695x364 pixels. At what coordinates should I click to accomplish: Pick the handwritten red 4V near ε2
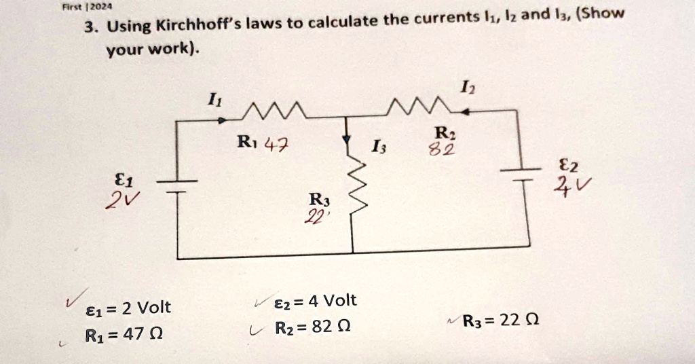coord(562,184)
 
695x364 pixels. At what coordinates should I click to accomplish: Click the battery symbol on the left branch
coord(177,187)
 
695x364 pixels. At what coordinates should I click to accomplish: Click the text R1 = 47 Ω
coord(123,335)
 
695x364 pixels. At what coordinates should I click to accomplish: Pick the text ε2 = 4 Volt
coord(316,301)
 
